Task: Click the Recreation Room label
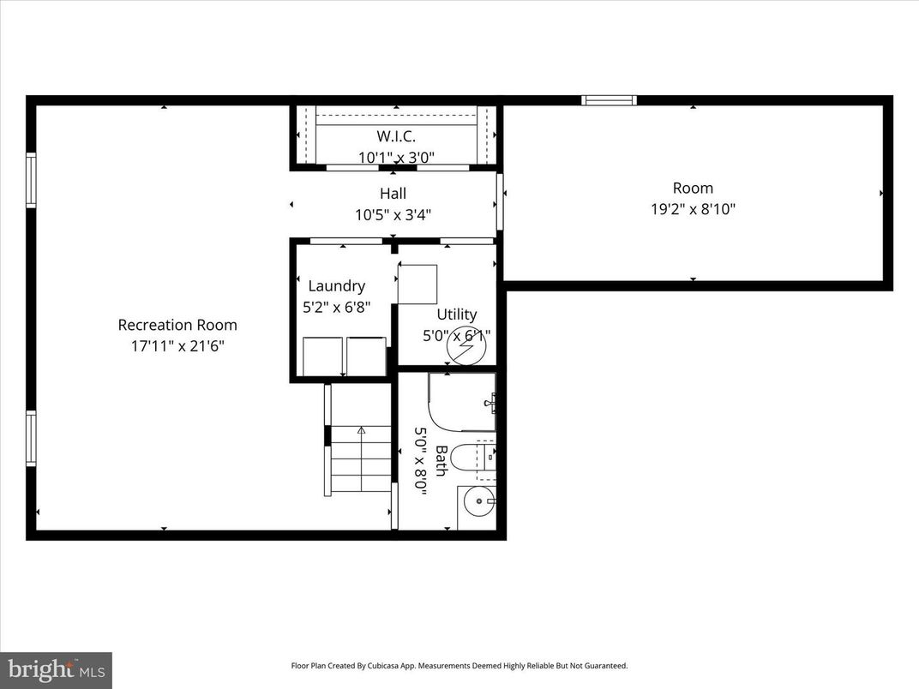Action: point(177,325)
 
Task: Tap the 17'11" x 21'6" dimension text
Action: point(177,346)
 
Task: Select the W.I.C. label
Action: point(396,136)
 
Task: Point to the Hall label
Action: point(393,194)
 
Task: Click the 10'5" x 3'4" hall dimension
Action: point(393,215)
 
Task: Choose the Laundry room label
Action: point(337,286)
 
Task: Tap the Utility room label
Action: point(456,315)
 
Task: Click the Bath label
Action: point(441,460)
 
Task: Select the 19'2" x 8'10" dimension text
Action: point(693,208)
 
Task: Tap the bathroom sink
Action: point(478,500)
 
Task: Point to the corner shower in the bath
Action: point(463,401)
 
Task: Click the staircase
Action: point(360,458)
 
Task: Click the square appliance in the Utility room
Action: point(417,284)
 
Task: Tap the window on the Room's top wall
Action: point(609,100)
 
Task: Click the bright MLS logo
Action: point(55,669)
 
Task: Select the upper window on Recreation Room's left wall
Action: point(31,180)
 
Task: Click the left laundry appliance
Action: point(322,356)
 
